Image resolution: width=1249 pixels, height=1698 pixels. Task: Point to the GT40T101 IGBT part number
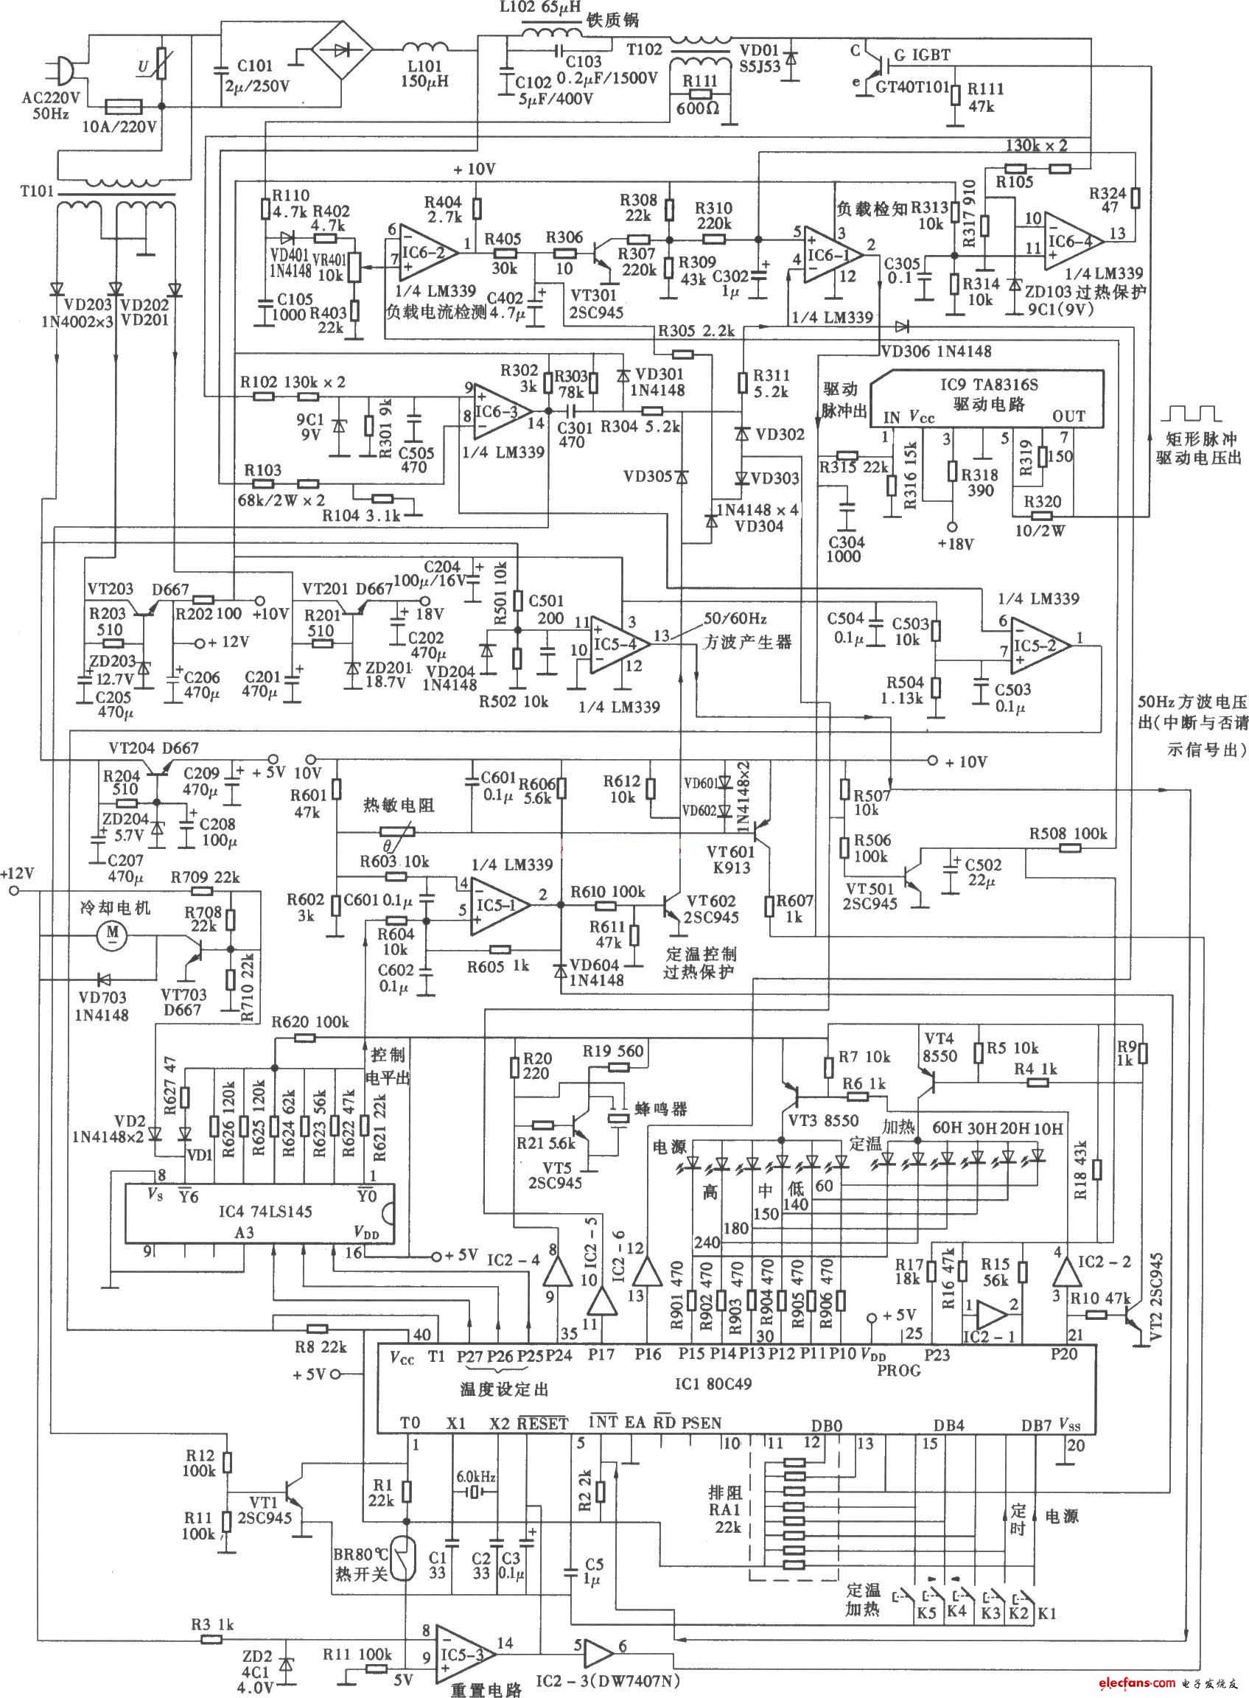click(x=912, y=86)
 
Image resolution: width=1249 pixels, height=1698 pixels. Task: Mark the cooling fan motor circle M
click(x=114, y=934)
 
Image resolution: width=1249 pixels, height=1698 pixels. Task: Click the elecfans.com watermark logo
click(x=1157, y=1682)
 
